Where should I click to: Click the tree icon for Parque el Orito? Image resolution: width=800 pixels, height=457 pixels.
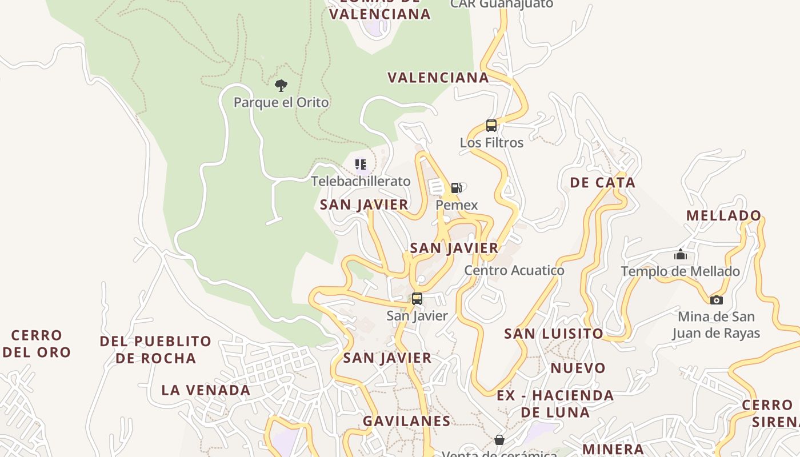(281, 86)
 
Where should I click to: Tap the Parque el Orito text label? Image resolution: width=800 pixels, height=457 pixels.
(281, 103)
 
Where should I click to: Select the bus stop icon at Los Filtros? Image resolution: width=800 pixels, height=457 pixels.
(491, 126)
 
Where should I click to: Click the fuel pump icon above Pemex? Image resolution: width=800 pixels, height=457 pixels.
(456, 188)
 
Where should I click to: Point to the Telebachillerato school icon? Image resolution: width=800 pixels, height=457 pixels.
(361, 165)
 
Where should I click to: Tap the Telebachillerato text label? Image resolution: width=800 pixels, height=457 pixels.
(361, 182)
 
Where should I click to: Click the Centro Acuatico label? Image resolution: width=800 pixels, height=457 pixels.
(514, 271)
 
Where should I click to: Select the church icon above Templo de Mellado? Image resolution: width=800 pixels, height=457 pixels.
(680, 254)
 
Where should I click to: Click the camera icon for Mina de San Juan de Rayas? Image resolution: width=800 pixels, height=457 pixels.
(716, 300)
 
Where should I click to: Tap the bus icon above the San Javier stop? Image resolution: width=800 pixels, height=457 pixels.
(417, 298)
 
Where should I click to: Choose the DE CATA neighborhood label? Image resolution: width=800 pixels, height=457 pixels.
(602, 183)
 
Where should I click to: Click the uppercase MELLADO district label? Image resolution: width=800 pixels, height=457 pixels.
(723, 216)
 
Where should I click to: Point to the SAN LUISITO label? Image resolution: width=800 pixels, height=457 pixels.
(553, 334)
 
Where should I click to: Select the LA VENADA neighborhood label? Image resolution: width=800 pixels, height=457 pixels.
(206, 391)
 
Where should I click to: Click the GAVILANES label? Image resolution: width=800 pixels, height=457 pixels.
(406, 422)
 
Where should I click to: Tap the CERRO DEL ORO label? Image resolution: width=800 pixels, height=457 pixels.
(37, 344)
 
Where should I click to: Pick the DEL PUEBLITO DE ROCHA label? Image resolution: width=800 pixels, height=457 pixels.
(155, 350)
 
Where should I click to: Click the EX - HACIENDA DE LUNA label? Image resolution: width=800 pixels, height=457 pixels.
(555, 404)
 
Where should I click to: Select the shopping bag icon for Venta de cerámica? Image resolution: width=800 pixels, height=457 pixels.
(499, 440)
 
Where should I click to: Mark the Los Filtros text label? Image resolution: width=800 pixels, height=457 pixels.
(491, 143)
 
